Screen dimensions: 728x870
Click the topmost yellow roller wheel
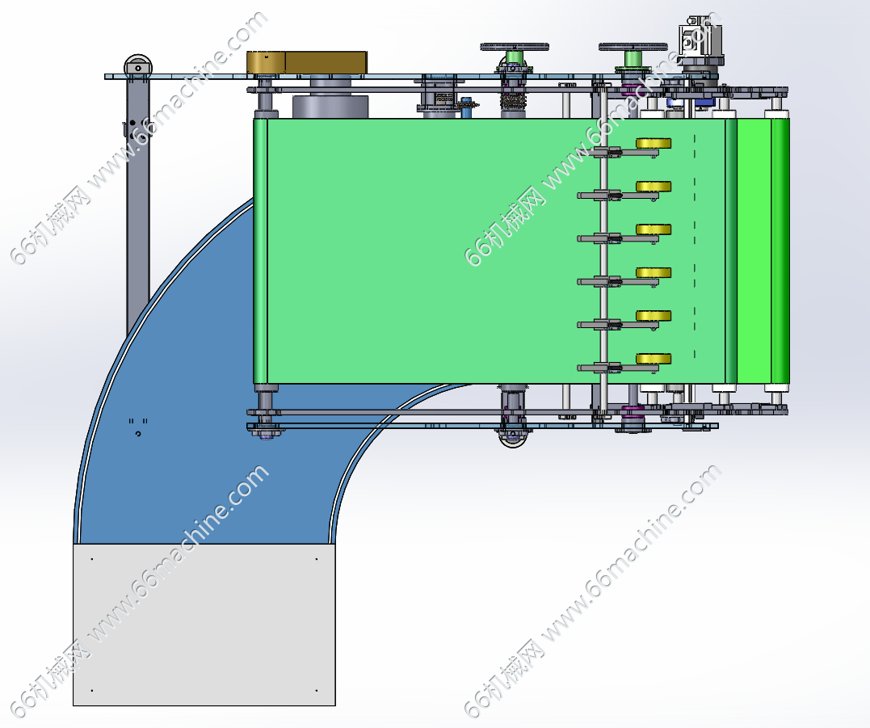[653, 143]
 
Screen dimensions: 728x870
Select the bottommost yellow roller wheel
[654, 359]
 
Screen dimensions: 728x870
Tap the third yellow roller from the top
[654, 229]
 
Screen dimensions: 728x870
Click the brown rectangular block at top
[307, 62]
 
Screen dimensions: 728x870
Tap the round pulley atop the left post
[137, 67]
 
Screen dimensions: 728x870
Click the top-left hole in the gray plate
[92, 558]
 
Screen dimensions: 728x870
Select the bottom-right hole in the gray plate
[316, 691]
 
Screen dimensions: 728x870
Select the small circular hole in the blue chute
[138, 435]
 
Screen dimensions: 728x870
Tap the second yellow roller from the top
[654, 187]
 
